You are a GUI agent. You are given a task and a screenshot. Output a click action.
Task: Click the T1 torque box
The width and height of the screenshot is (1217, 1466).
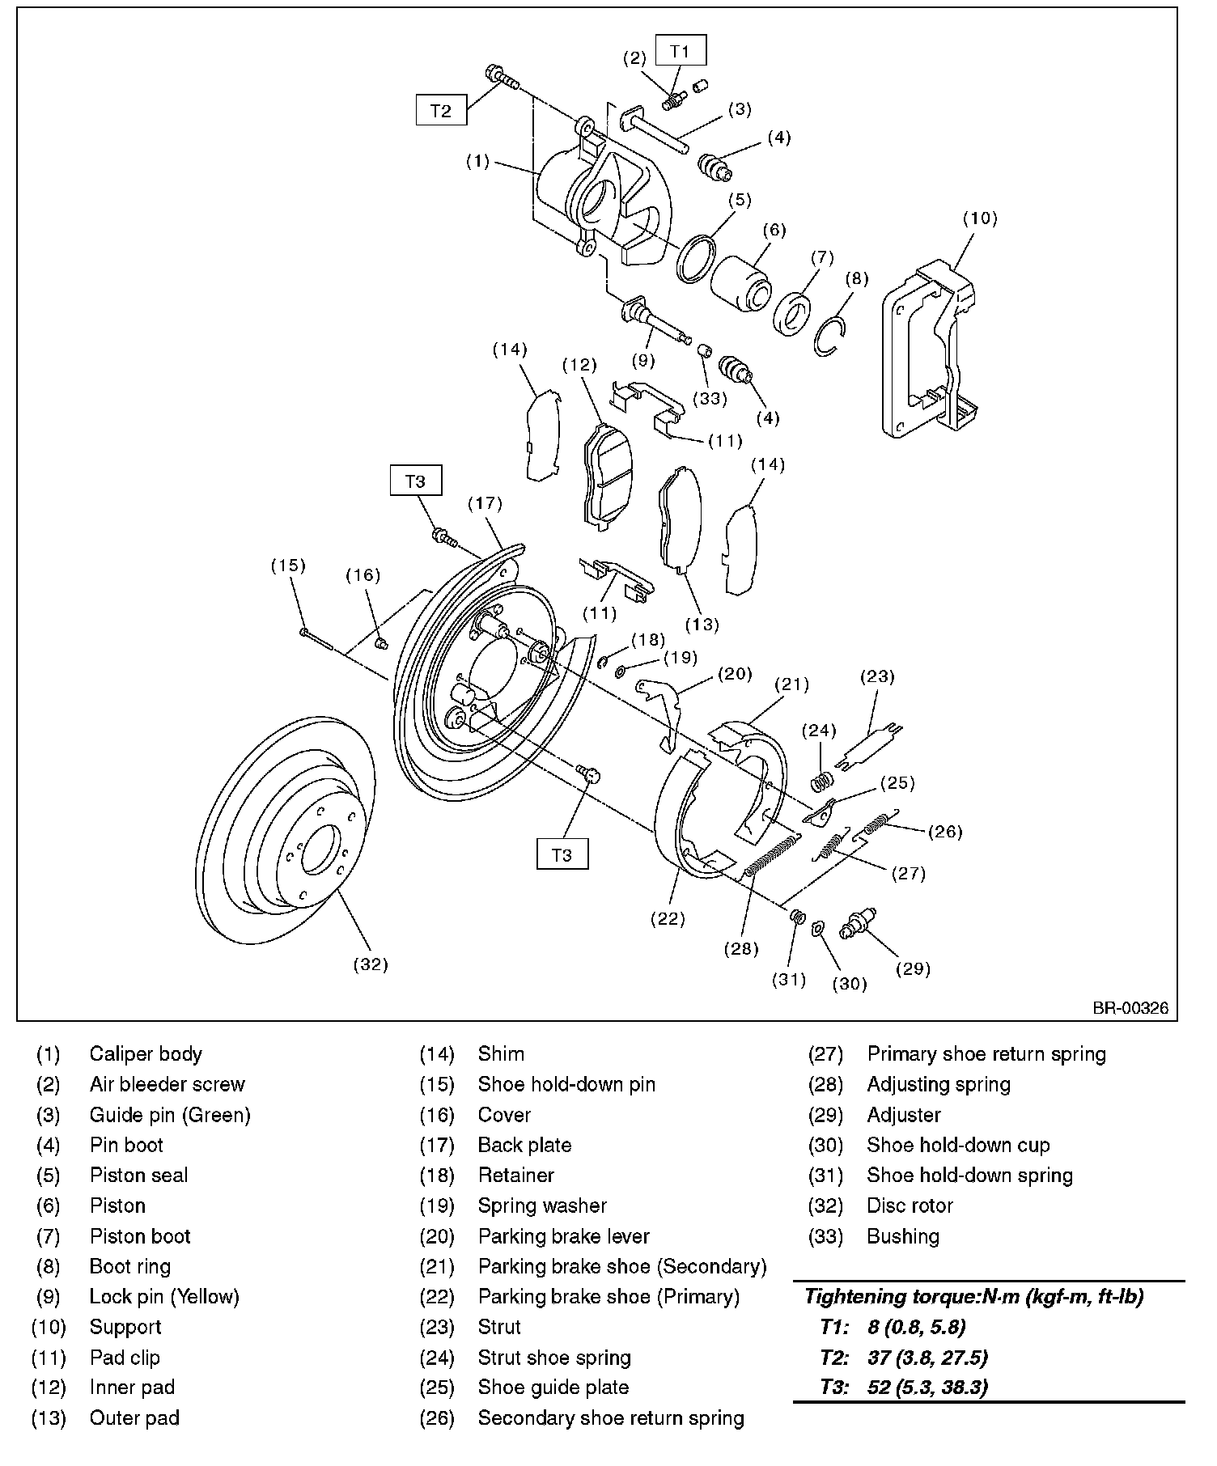tap(681, 51)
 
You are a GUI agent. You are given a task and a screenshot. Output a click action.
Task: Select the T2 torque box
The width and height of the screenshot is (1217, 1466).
tap(441, 110)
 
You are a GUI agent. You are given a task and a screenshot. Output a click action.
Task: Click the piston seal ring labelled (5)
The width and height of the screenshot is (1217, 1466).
tap(696, 259)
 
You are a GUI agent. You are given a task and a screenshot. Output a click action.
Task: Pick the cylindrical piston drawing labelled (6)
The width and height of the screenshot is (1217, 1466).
tap(741, 283)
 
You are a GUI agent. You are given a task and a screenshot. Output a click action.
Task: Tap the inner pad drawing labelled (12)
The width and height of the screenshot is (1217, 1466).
tap(608, 477)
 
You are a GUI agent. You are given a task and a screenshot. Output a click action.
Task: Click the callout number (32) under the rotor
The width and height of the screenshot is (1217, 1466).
tap(371, 964)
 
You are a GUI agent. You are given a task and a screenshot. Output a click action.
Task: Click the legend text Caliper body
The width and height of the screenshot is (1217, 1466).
tap(146, 1054)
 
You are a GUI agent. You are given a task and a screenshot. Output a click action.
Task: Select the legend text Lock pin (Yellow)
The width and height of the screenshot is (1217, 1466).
tap(164, 1297)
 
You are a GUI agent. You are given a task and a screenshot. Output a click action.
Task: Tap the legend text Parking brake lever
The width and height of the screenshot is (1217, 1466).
tap(563, 1236)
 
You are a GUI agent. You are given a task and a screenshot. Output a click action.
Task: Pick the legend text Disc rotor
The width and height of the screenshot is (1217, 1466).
tap(910, 1205)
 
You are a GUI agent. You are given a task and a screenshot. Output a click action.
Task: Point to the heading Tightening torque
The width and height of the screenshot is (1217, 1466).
tap(973, 1297)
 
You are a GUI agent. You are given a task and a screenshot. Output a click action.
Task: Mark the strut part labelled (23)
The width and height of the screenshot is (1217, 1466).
tap(871, 745)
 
